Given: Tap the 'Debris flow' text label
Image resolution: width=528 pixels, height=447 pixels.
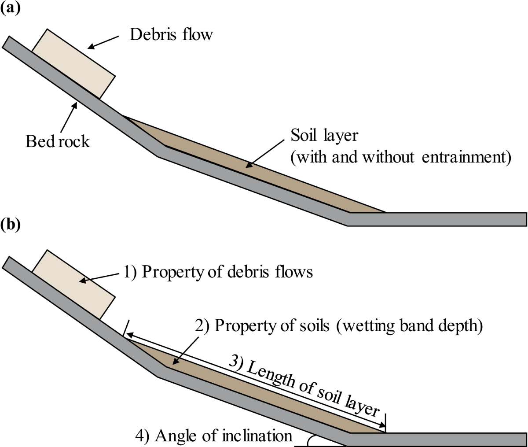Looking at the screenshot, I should pos(171,34).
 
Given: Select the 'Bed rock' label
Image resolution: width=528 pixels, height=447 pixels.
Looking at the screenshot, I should pos(57,141).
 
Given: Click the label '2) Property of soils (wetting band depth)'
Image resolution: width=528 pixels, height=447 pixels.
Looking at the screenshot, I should pos(339,326).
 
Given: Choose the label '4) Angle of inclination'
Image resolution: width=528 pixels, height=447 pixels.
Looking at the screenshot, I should pos(214,436).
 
